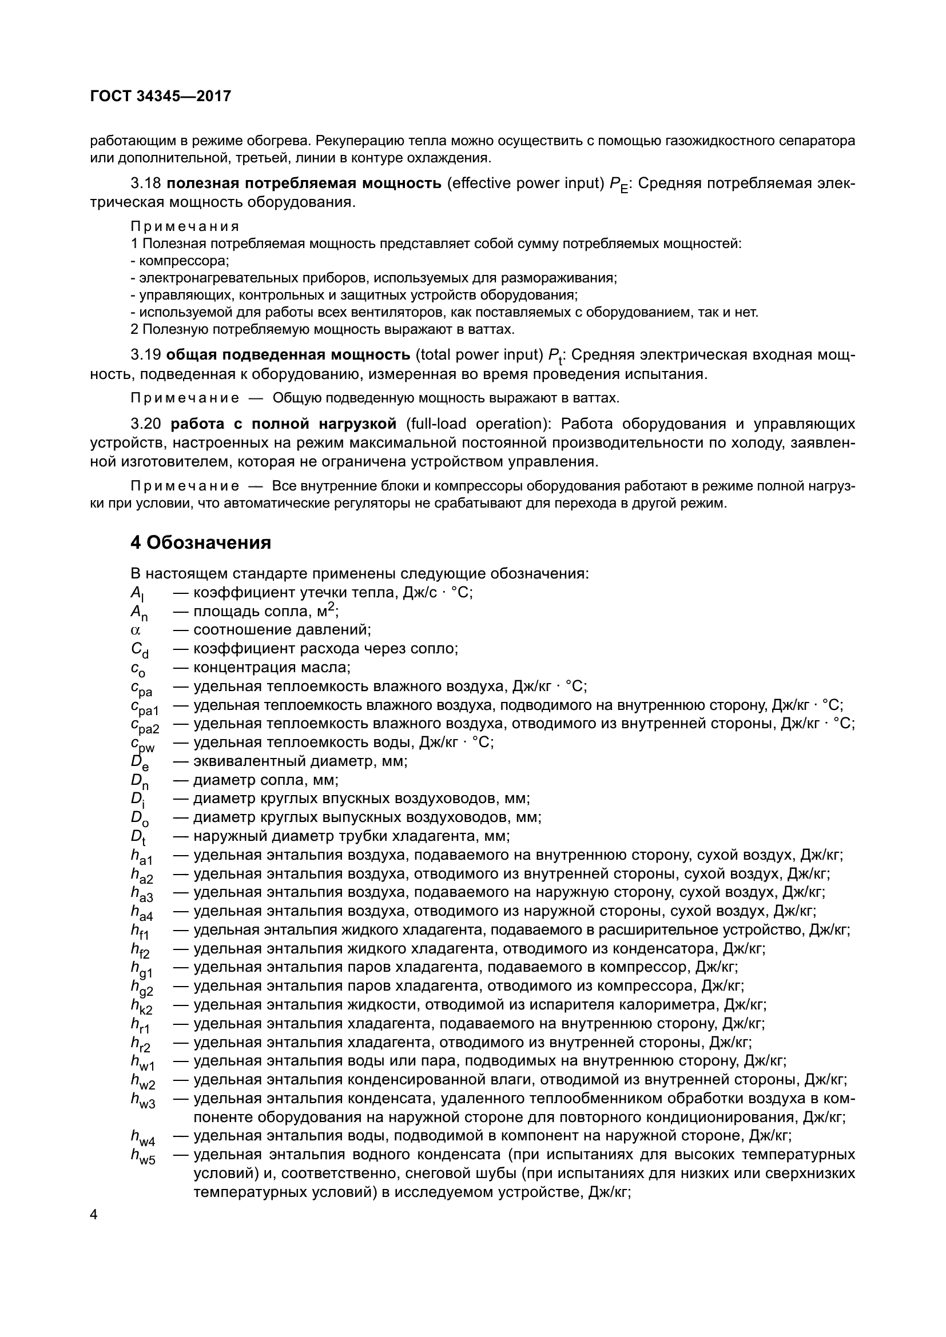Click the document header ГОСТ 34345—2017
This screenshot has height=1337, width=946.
161,96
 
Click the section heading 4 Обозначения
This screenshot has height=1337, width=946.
200,542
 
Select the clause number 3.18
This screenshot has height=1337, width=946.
146,183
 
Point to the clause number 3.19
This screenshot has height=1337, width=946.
146,354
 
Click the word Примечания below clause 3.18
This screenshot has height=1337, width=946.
185,226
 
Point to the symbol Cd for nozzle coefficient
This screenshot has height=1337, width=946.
139,650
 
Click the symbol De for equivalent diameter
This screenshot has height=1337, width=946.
139,763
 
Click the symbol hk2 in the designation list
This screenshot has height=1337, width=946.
141,1006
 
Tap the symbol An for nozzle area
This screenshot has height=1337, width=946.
139,613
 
